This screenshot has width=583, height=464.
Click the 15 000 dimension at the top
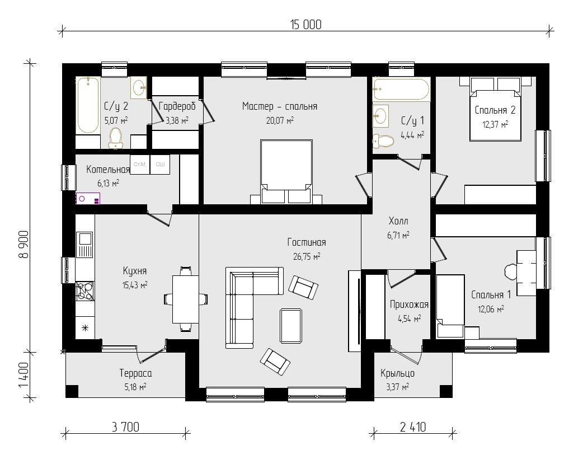tap(305, 25)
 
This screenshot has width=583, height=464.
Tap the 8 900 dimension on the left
tap(23, 244)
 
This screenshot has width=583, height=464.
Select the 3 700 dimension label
tap(126, 427)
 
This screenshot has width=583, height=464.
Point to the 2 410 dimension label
tap(413, 427)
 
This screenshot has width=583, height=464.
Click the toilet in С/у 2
tap(116, 138)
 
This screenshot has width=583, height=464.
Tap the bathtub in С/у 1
tap(401, 89)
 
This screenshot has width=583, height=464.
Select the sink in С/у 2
tap(139, 88)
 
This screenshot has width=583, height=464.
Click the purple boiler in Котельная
tap(88, 198)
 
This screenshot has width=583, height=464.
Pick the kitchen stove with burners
tap(85, 291)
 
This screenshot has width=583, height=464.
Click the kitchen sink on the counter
tap(84, 245)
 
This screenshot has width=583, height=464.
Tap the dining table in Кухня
tap(186, 299)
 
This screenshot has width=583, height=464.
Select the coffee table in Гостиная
tap(291, 326)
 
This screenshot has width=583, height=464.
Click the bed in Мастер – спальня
tap(286, 171)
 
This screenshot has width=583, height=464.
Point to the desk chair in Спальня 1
tap(510, 272)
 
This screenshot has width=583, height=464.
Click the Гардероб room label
tap(177, 106)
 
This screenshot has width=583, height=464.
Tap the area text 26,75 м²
tap(307, 256)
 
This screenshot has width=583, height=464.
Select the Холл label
tap(398, 221)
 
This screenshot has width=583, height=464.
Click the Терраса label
tap(136, 373)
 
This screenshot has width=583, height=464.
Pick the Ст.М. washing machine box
tap(140, 165)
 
